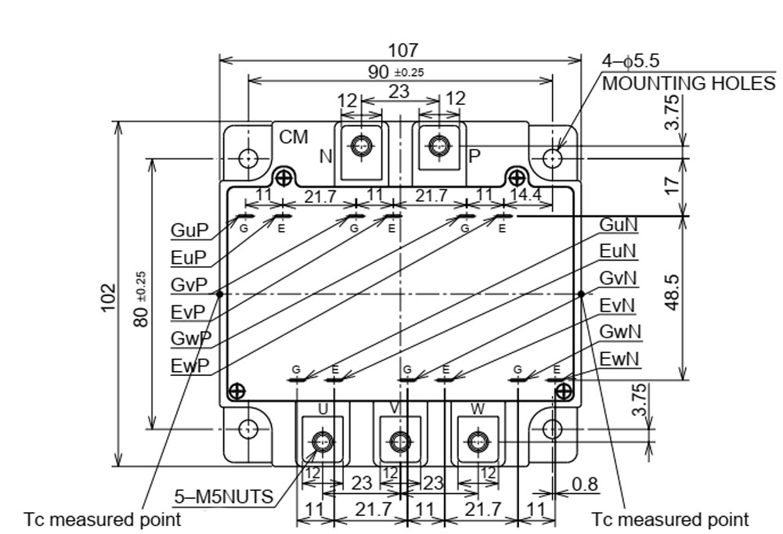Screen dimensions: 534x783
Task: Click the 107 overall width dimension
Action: [402, 50]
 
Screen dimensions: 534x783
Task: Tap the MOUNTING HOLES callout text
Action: [688, 83]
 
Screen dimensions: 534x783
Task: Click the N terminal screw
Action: [361, 146]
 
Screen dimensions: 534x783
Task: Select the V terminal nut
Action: [399, 443]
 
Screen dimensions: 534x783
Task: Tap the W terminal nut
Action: [477, 443]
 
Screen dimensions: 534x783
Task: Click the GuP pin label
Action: [189, 231]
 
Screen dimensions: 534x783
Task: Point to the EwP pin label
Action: [189, 365]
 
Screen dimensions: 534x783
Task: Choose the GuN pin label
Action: [618, 226]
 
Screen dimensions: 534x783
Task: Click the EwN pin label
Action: [619, 359]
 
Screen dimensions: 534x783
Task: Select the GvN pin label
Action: [618, 279]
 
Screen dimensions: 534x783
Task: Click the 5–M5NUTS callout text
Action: [223, 496]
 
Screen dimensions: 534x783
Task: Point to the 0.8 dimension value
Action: [584, 485]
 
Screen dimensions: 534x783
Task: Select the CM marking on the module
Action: [294, 138]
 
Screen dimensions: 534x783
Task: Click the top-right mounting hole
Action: [554, 158]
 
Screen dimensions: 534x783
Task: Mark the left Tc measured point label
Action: [102, 519]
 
